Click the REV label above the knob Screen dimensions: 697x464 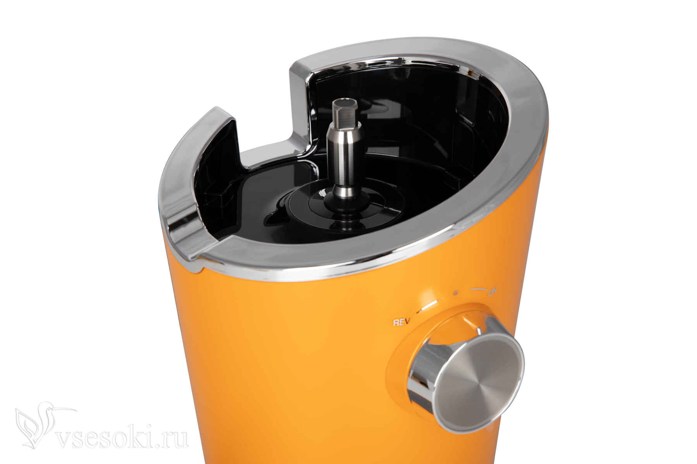coord(401,322)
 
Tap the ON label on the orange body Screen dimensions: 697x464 coord(493,293)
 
